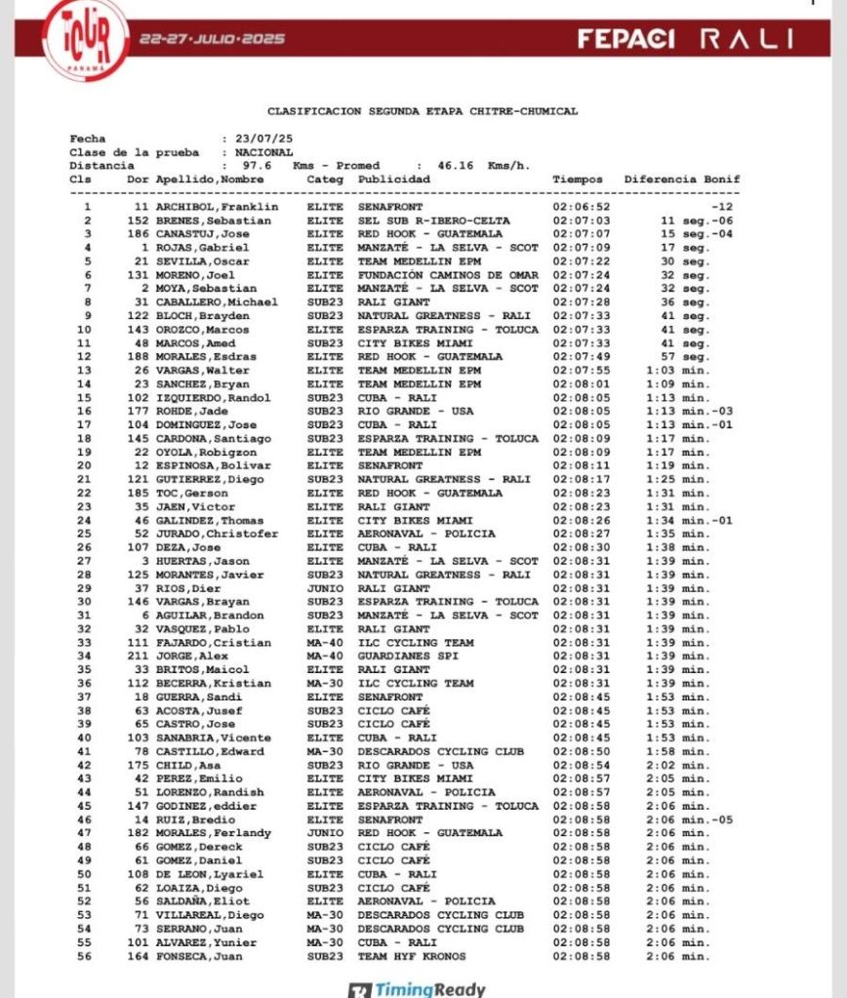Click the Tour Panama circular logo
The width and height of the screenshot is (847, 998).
click(x=86, y=38)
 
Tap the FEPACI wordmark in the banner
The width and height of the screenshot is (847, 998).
click(x=625, y=39)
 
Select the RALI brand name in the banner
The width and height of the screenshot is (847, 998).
click(x=746, y=39)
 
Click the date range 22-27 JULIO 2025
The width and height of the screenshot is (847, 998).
click(x=212, y=39)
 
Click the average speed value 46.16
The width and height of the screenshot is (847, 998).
click(x=454, y=166)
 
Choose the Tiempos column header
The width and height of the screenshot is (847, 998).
click(x=578, y=180)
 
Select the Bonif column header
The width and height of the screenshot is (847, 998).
click(x=722, y=180)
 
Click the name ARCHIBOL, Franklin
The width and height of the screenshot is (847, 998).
click(x=217, y=207)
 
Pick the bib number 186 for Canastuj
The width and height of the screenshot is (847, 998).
click(x=139, y=234)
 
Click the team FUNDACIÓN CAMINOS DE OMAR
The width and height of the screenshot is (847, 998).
click(x=448, y=275)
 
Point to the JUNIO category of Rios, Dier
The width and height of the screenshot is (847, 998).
click(x=325, y=588)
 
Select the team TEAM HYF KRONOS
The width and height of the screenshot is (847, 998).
click(x=412, y=956)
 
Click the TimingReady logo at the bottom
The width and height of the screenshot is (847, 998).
click(x=417, y=989)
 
